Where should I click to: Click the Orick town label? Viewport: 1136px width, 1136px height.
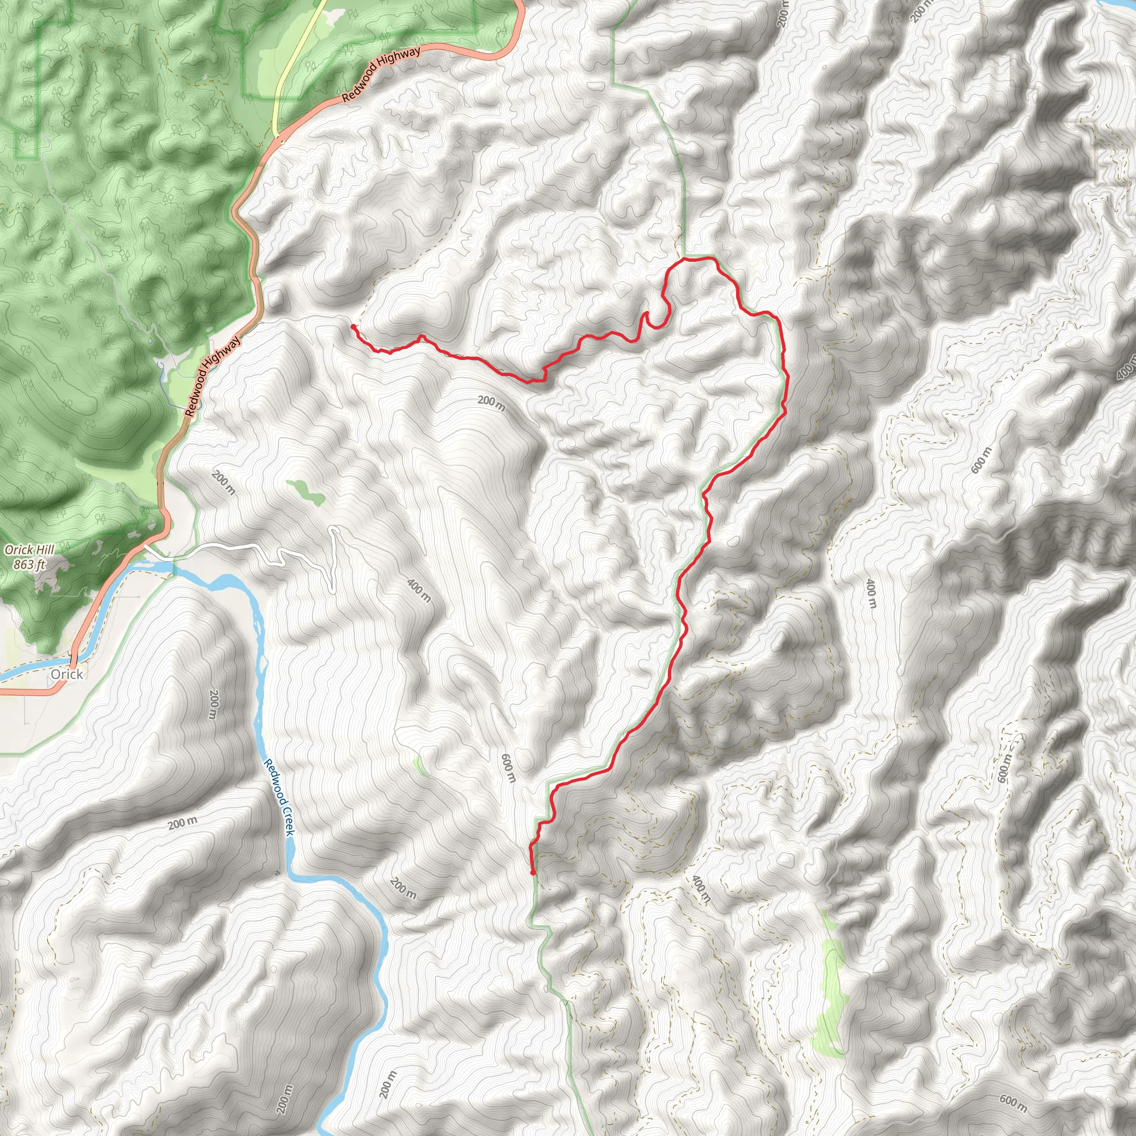(x=67, y=674)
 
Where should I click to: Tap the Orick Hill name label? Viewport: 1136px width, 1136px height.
(x=29, y=550)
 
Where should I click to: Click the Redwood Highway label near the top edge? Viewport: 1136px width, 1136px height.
(x=381, y=74)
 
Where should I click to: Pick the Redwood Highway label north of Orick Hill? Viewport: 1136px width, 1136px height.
(x=213, y=376)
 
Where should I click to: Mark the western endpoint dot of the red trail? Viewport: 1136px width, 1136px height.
(x=352, y=326)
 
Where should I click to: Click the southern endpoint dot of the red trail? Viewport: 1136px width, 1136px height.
(x=532, y=873)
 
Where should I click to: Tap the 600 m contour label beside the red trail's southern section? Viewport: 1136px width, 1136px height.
(x=509, y=768)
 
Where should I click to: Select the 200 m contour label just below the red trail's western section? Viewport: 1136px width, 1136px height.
(x=491, y=403)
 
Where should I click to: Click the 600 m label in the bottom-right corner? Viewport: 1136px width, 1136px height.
(x=1013, y=1104)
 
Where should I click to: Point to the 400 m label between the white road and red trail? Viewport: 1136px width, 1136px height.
(x=419, y=590)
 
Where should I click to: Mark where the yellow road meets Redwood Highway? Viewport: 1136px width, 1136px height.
(x=277, y=138)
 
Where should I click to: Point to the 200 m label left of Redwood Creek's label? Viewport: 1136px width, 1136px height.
(x=214, y=704)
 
